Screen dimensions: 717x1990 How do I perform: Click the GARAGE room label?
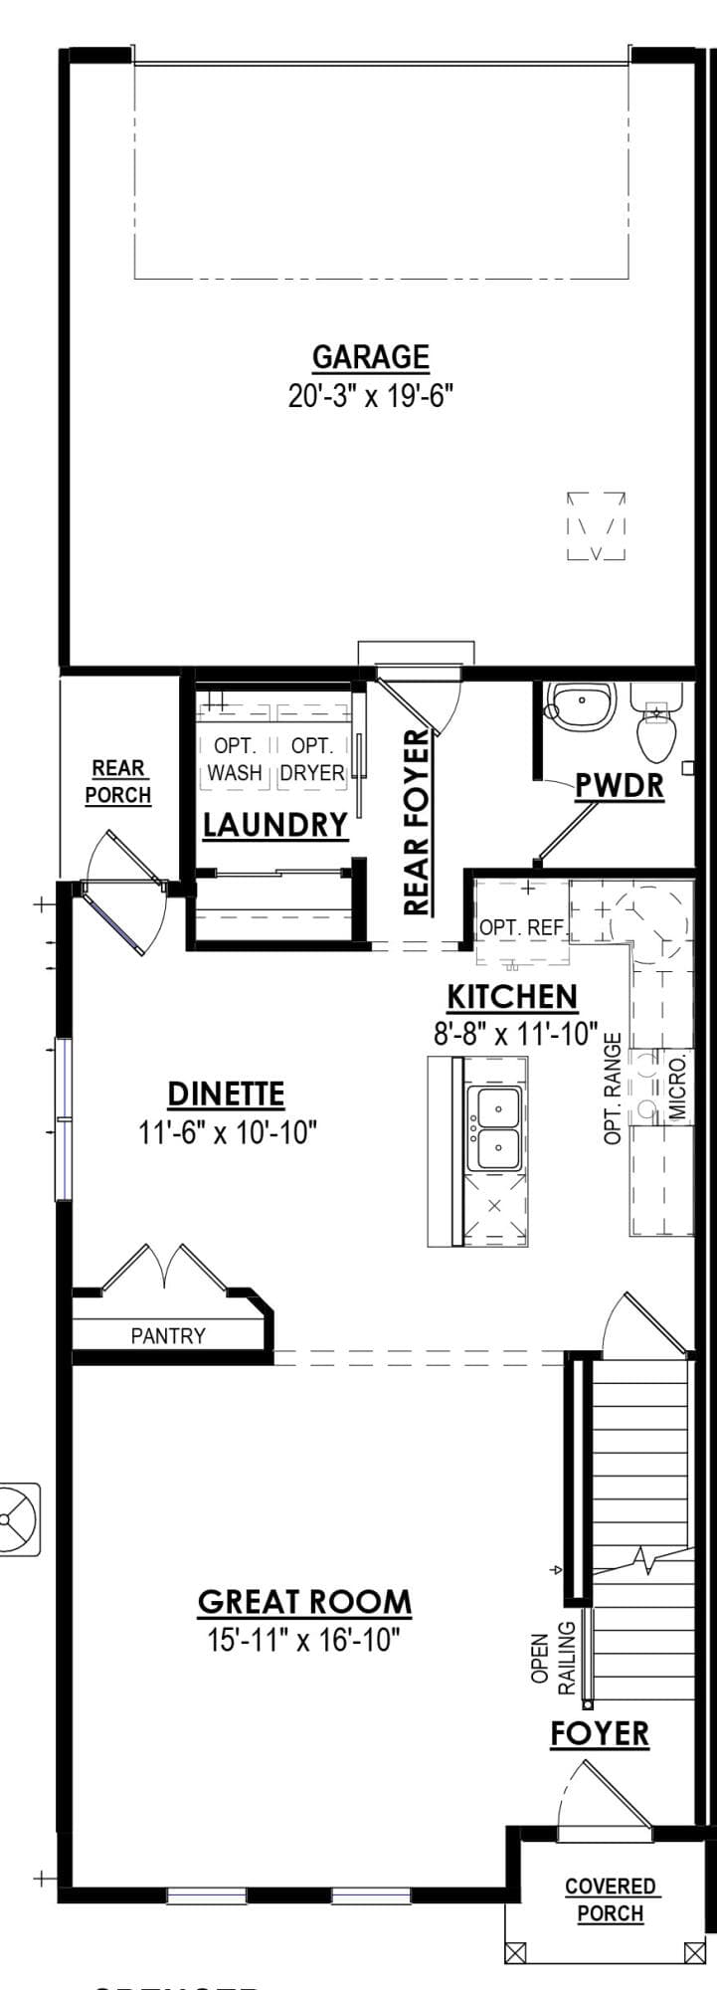pos(371,356)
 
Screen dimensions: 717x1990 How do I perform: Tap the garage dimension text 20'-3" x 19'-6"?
pos(371,396)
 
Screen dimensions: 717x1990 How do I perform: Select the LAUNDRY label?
pos(275,825)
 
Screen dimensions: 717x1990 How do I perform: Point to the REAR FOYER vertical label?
pos(417,822)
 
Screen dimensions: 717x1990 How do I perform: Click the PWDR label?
pos(619,786)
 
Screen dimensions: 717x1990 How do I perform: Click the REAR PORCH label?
pos(118,782)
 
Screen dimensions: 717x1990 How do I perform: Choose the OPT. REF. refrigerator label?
pos(522,927)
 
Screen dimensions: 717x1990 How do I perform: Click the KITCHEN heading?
pos(512,997)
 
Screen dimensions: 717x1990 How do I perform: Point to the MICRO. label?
pos(679,1090)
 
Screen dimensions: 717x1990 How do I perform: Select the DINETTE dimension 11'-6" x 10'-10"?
pos(228,1132)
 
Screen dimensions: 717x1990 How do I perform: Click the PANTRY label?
pos(168,1335)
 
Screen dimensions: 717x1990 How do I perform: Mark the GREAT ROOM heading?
pos(304,1602)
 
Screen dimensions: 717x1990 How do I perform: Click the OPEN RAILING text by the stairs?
pos(554,1659)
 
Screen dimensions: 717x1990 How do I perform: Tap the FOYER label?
pos(600,1733)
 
